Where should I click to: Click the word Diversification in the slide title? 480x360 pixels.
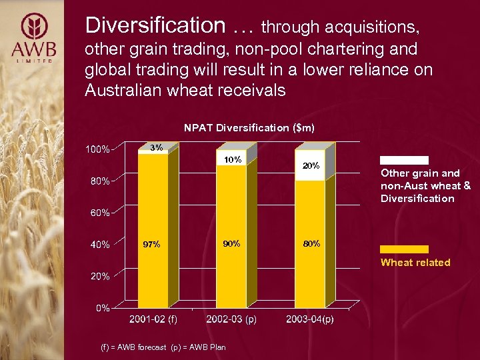pos(155,25)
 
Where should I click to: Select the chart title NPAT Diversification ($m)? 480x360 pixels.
pos(249,127)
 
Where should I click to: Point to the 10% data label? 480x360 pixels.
pos(232,160)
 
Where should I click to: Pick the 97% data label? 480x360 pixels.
pos(151,245)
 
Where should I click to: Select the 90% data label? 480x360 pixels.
pos(231,244)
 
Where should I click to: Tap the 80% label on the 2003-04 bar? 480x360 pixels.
pos(311,244)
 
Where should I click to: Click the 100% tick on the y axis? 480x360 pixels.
pos(97,149)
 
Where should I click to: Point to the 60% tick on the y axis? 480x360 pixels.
pos(99,213)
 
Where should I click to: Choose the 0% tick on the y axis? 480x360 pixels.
pos(101,308)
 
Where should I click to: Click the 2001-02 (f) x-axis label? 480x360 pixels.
pos(153,319)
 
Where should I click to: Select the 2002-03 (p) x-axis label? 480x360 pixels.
pos(231,319)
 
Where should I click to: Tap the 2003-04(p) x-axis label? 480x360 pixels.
pos(310,319)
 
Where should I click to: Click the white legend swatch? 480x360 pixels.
pos(404,161)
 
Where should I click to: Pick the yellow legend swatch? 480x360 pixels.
pos(404,249)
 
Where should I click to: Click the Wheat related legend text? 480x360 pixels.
pos(415,263)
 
